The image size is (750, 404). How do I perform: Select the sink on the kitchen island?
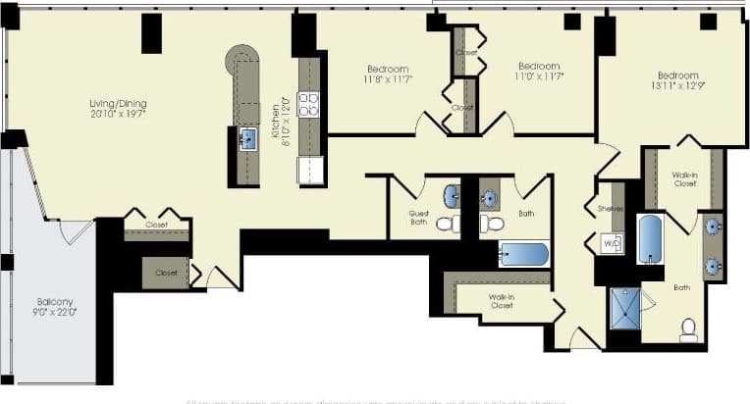(x=247, y=137)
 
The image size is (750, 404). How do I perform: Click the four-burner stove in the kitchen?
(x=308, y=104)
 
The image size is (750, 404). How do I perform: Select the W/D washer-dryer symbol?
(x=611, y=242)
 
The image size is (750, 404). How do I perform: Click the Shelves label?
(x=611, y=207)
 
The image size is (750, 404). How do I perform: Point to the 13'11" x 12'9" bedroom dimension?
(x=677, y=87)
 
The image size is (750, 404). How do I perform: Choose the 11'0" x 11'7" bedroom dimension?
(x=538, y=76)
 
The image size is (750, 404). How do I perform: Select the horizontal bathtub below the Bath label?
(x=523, y=254)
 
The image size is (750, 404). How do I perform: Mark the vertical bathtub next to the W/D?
(x=650, y=238)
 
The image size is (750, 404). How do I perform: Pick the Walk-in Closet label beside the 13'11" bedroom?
(x=684, y=179)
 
